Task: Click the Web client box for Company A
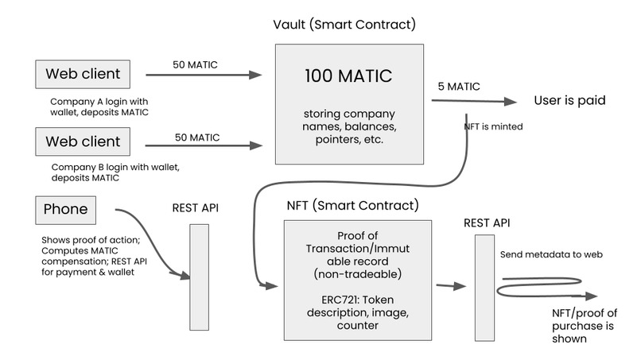click(83, 75)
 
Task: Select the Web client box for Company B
click(83, 142)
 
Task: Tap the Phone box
click(66, 211)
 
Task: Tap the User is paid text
click(569, 101)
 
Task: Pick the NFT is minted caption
click(492, 126)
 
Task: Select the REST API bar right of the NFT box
click(484, 288)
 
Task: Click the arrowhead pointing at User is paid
click(511, 102)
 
